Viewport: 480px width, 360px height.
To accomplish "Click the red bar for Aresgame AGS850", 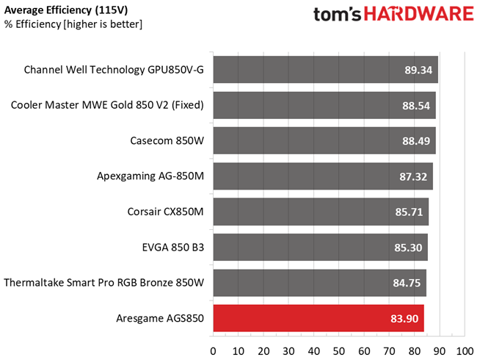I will tap(318, 318).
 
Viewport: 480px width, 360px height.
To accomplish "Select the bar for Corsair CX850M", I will tap(320, 212).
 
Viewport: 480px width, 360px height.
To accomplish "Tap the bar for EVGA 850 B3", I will tap(320, 248).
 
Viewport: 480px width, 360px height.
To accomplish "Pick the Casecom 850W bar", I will tap(324, 140).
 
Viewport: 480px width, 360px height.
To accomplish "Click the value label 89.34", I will tap(415, 70).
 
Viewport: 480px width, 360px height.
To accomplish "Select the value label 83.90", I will tap(405, 318).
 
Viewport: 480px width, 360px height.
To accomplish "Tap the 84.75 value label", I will tap(407, 283).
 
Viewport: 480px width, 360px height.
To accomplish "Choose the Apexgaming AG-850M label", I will tap(150, 176).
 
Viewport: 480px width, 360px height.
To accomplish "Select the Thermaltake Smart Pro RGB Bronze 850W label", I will tap(103, 283).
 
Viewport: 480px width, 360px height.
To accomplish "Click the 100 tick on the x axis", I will tap(464, 350).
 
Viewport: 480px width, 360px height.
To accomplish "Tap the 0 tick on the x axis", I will tap(213, 350).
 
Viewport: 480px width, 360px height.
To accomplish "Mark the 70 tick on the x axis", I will tap(389, 350).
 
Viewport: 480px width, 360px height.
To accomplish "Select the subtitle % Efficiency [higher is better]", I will tap(73, 24).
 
